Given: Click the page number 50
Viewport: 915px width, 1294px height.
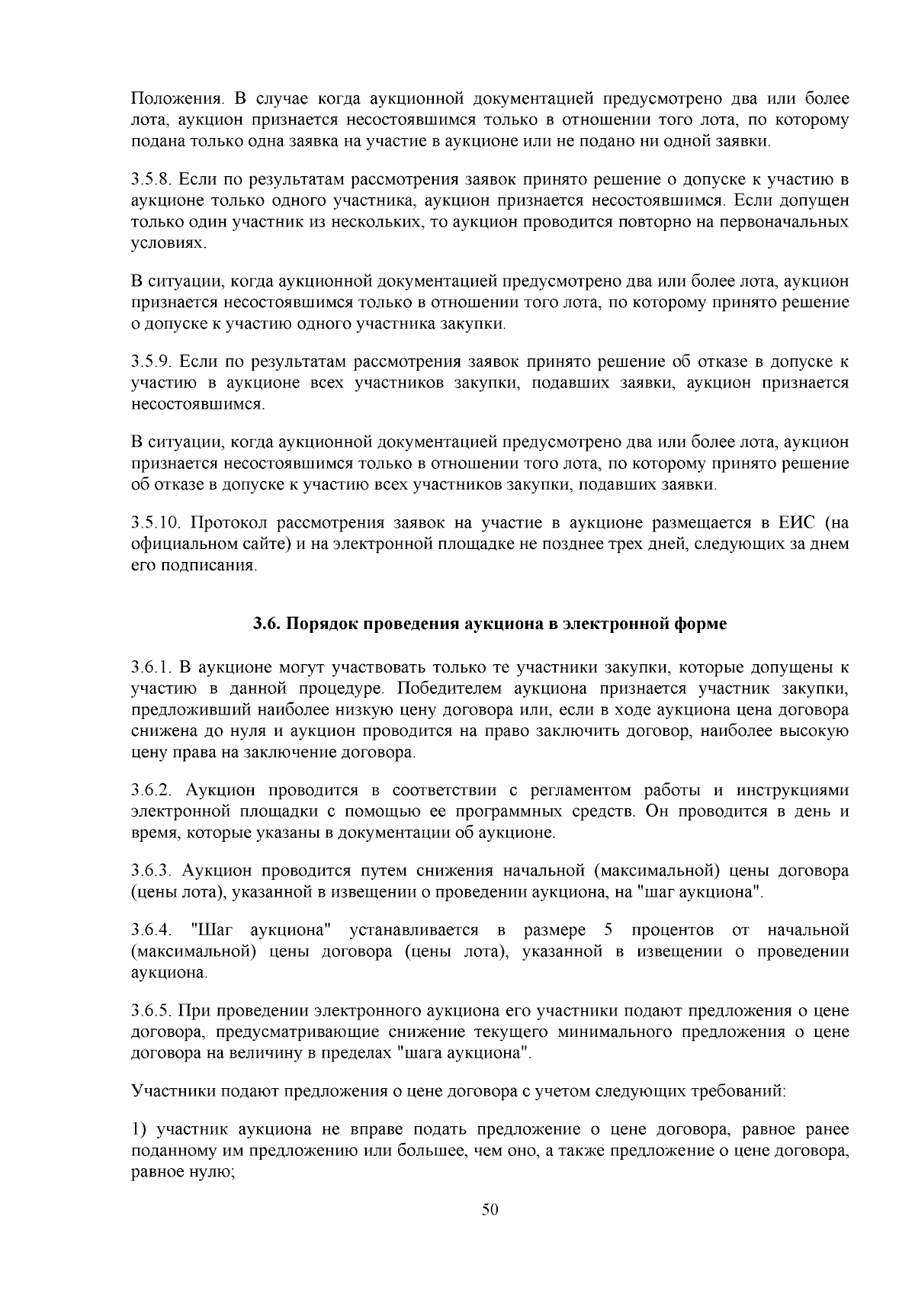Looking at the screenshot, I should [490, 1210].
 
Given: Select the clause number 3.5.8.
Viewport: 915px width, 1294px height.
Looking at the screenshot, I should [155, 180].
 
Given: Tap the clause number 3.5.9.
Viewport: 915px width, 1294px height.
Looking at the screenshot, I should [155, 361].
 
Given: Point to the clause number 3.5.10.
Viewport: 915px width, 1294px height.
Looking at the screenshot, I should [158, 523].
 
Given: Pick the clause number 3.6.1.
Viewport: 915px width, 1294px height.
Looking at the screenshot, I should [155, 668].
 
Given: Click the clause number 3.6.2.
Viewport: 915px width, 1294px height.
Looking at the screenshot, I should [155, 789].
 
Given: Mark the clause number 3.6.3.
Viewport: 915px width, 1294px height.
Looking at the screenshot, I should [155, 871].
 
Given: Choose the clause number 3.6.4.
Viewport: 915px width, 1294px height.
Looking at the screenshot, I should [154, 930].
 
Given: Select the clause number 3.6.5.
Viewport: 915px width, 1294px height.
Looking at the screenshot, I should [155, 1012].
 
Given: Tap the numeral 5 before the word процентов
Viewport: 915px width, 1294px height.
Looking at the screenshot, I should [608, 930].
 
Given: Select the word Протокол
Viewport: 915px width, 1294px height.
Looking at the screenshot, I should [225, 523].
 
